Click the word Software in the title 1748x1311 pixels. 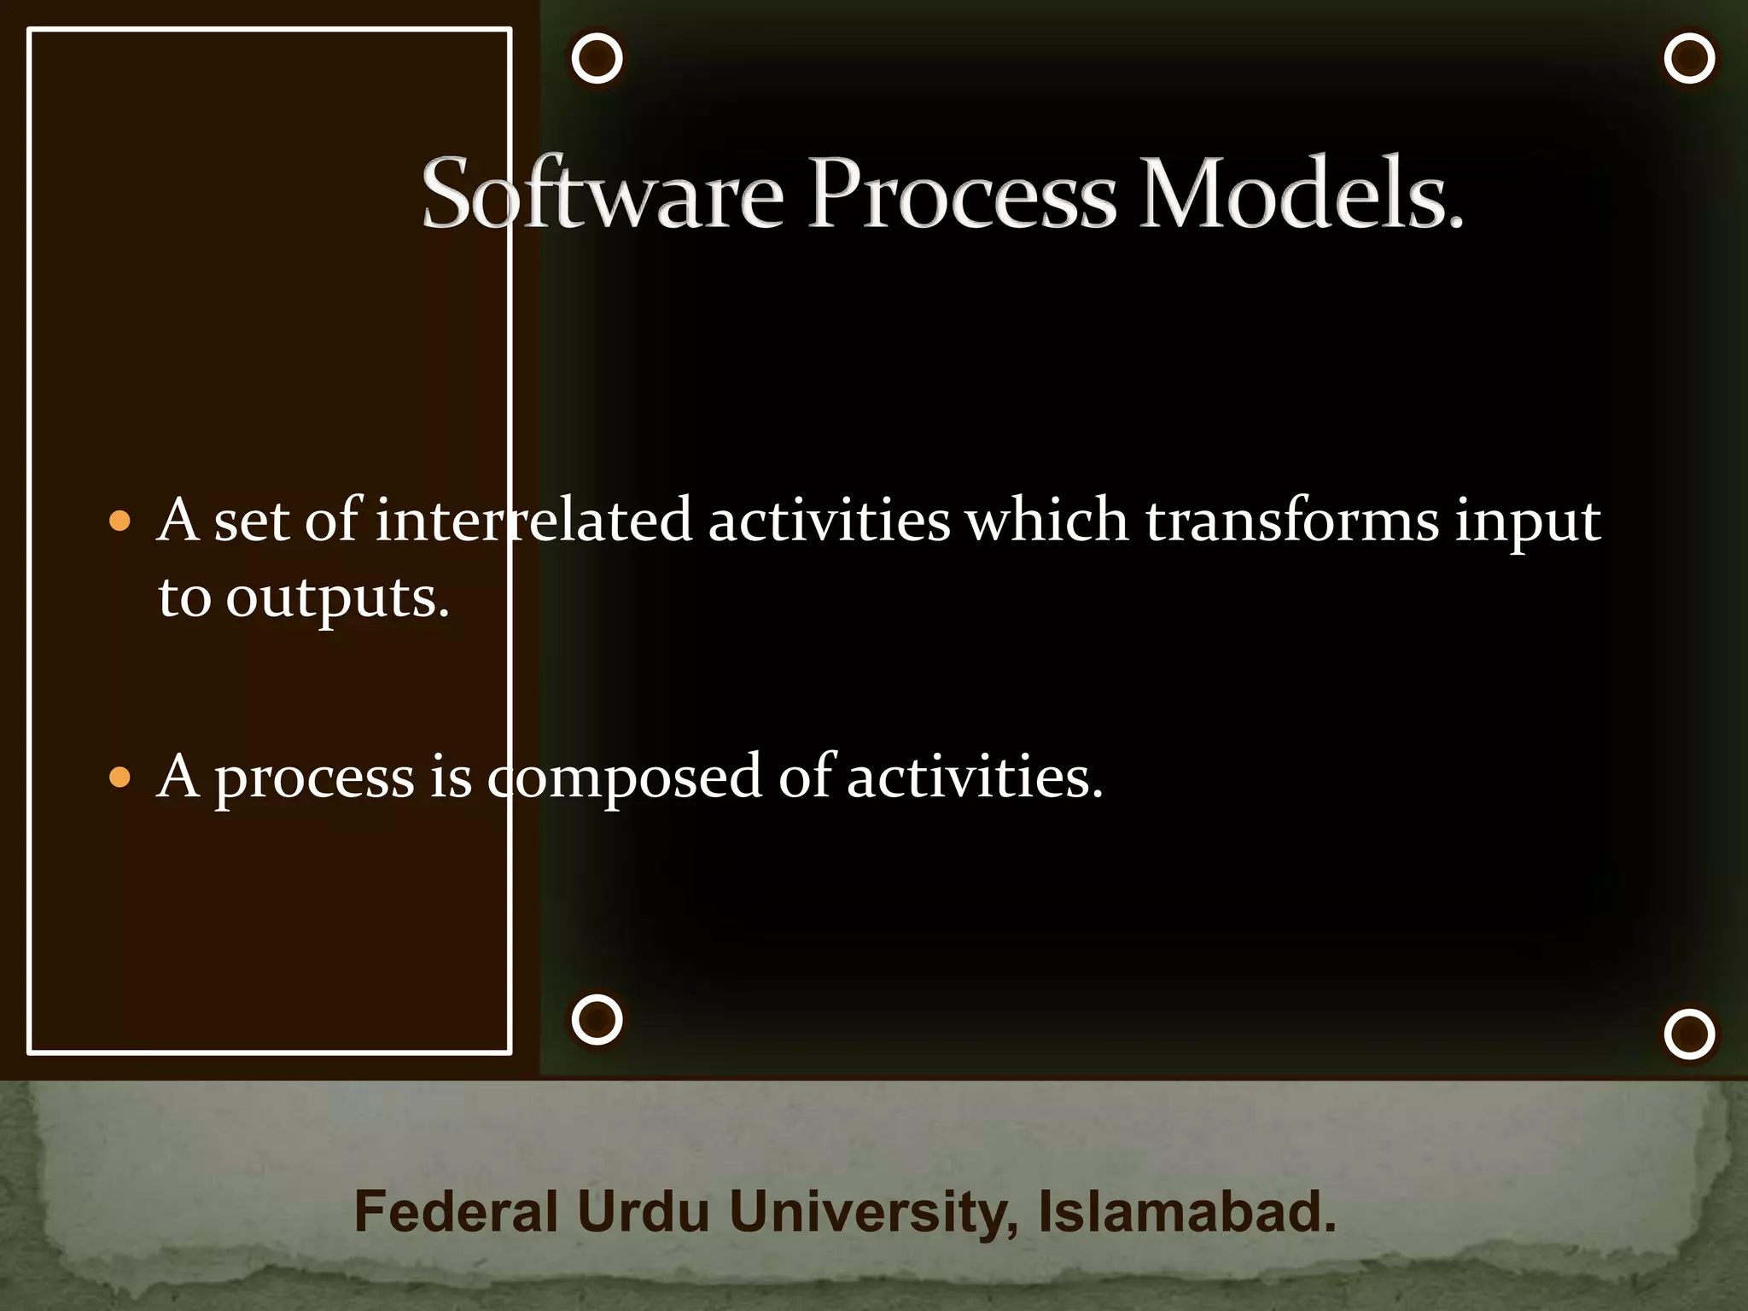click(x=602, y=195)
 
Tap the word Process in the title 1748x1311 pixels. click(x=962, y=195)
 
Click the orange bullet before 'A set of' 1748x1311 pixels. click(x=120, y=521)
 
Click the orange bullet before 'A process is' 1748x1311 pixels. click(x=120, y=778)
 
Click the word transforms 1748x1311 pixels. click(x=1291, y=521)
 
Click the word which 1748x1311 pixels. click(x=1046, y=521)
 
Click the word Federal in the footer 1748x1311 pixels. click(x=456, y=1212)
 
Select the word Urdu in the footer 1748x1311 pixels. click(x=643, y=1212)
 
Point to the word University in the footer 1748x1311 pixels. click(x=872, y=1212)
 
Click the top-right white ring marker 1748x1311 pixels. click(x=1689, y=59)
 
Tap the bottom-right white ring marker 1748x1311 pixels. click(x=1689, y=1034)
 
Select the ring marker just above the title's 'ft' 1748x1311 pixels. click(x=597, y=59)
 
